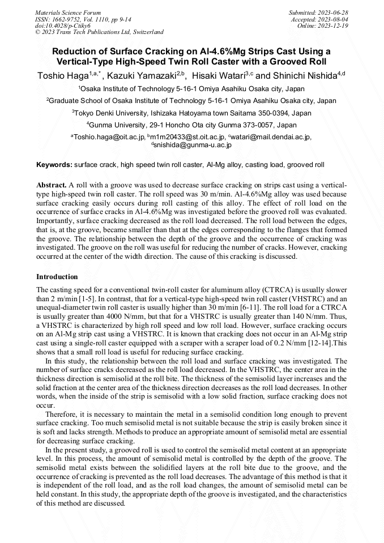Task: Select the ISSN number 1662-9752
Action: click(x=67, y=19)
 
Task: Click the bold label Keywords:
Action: click(x=54, y=165)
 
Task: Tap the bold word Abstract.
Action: click(x=52, y=185)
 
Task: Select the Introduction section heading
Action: click(x=57, y=277)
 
